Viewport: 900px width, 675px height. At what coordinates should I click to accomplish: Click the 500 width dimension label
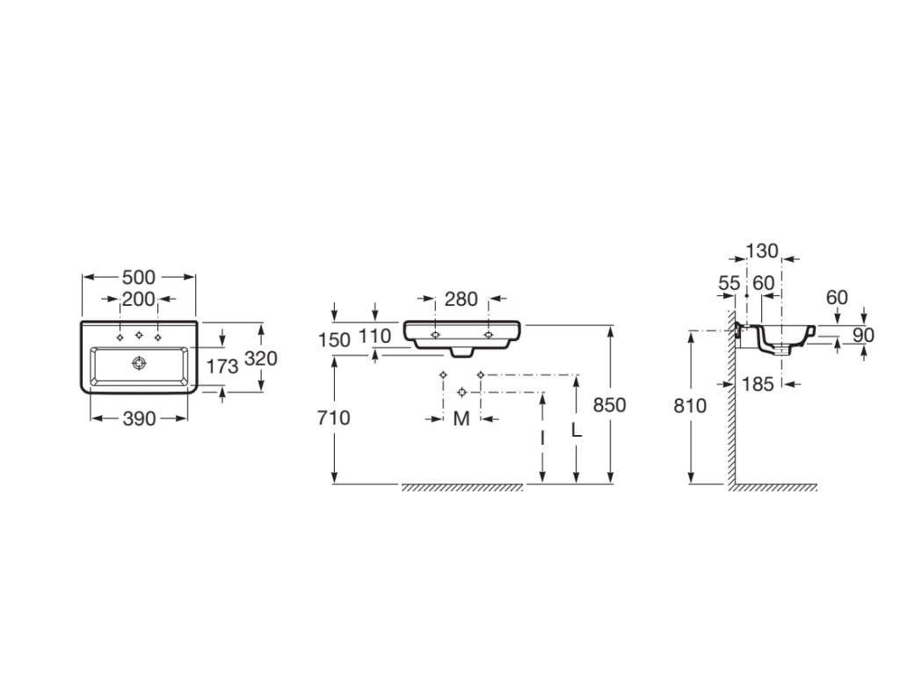[139, 277]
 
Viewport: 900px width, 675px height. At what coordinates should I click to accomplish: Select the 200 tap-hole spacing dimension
[139, 299]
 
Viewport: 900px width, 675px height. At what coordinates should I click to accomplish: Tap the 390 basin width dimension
[140, 419]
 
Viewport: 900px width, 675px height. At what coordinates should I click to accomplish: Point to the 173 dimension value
[222, 367]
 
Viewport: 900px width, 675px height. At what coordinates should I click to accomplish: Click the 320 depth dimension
[261, 359]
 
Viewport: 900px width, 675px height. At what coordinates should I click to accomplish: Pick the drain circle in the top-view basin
[139, 363]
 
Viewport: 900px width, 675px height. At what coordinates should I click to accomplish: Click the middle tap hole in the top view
[139, 335]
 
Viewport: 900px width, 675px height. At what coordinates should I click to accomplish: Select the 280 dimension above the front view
[461, 299]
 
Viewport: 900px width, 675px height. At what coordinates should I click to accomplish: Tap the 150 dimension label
[334, 340]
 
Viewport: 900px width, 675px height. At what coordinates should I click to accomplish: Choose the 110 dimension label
[374, 336]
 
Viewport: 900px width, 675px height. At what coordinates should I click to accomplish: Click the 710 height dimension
[333, 417]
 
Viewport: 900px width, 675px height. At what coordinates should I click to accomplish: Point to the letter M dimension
[461, 419]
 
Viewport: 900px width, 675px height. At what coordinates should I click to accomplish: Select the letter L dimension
[577, 429]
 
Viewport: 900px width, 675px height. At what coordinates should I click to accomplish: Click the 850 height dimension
[610, 405]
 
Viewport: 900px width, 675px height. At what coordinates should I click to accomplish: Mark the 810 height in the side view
[690, 406]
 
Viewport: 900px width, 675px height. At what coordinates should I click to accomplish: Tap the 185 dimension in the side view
[758, 384]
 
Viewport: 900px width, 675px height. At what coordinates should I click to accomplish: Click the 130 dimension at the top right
[762, 250]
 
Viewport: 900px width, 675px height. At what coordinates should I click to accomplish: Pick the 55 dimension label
[729, 283]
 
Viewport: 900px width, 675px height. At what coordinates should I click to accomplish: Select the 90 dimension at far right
[863, 335]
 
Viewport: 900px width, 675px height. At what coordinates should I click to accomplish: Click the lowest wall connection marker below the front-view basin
[461, 392]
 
